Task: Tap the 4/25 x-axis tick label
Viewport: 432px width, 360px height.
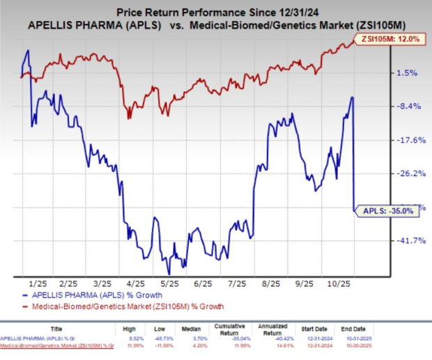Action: click(136, 284)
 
